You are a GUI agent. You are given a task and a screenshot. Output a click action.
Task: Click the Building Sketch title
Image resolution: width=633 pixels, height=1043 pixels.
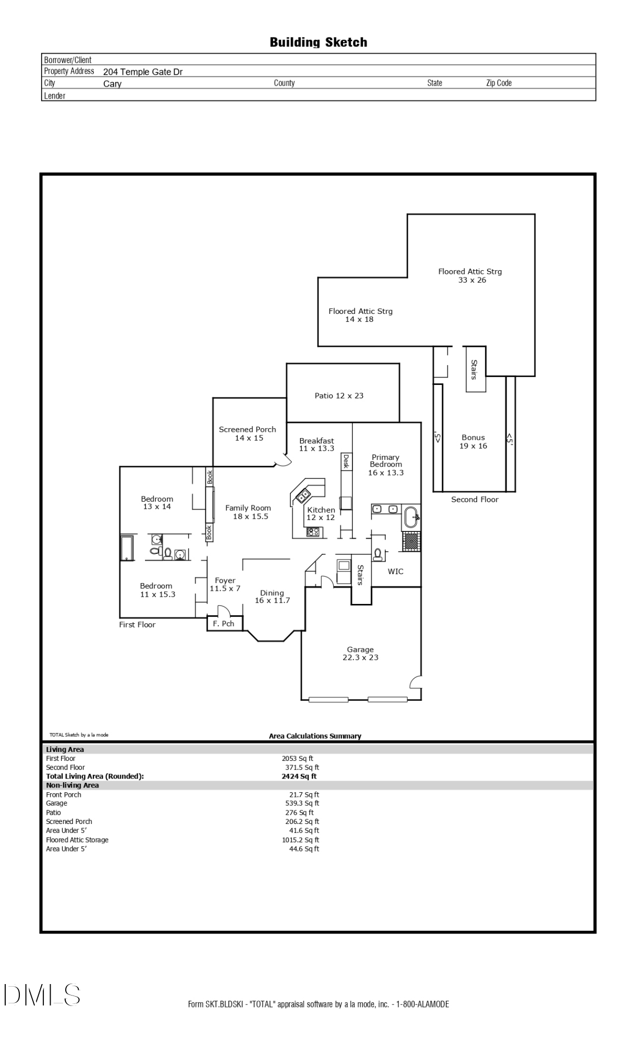pyautogui.click(x=318, y=42)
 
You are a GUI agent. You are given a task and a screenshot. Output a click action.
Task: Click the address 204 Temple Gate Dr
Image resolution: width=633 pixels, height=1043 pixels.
pyautogui.click(x=142, y=72)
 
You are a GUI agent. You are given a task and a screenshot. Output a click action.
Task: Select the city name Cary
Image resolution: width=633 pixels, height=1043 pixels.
pyautogui.click(x=112, y=84)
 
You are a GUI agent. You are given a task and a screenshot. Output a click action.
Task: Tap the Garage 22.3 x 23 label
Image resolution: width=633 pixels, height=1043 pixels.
pyautogui.click(x=360, y=653)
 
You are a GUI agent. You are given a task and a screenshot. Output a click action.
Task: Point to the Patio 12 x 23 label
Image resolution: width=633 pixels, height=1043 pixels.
pyautogui.click(x=339, y=396)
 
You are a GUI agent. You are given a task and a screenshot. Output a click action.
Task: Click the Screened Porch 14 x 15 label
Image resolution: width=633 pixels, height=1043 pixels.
pyautogui.click(x=248, y=433)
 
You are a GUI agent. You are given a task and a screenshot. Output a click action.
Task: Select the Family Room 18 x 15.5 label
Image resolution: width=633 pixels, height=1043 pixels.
pyautogui.click(x=248, y=512)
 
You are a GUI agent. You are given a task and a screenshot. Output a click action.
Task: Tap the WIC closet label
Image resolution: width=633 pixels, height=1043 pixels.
pyautogui.click(x=395, y=572)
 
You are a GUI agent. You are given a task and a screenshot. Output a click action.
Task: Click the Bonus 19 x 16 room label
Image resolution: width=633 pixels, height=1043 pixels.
pyautogui.click(x=473, y=442)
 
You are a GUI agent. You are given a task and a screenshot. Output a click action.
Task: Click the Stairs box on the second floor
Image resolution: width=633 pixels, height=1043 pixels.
pyautogui.click(x=475, y=369)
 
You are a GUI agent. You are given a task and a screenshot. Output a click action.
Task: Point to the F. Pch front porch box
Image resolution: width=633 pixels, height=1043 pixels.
pyautogui.click(x=224, y=624)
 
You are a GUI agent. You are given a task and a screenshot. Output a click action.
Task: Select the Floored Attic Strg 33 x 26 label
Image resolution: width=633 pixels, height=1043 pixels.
pyautogui.click(x=470, y=275)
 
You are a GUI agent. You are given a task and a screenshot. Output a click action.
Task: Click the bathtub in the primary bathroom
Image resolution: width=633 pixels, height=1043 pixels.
pyautogui.click(x=411, y=517)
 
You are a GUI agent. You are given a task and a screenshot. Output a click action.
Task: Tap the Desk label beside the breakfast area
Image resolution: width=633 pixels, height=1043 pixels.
pyautogui.click(x=345, y=462)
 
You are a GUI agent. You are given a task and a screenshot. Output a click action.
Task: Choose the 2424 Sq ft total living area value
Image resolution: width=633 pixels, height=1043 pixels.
pyautogui.click(x=299, y=776)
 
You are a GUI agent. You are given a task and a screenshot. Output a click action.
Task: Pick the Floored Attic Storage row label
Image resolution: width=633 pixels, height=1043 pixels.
pyautogui.click(x=77, y=840)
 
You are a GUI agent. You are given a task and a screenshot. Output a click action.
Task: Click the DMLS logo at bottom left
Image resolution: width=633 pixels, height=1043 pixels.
pyautogui.click(x=42, y=995)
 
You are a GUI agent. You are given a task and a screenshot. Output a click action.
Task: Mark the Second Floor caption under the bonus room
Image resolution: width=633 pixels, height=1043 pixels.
pyautogui.click(x=474, y=500)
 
